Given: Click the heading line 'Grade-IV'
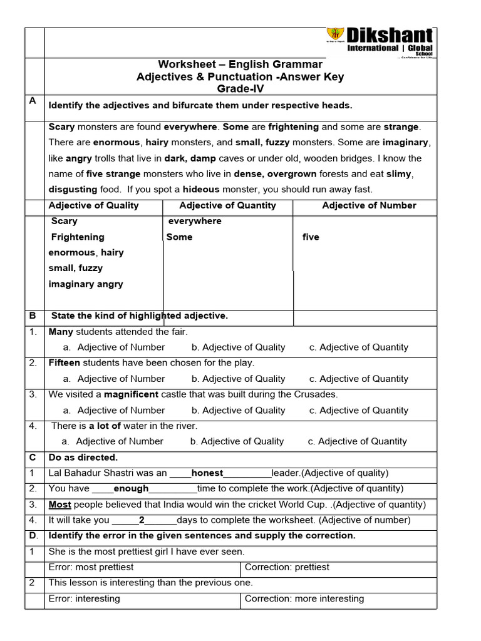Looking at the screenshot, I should tap(240, 89).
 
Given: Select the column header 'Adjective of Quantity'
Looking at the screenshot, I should tap(227, 206).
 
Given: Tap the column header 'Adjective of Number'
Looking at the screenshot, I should tap(369, 206).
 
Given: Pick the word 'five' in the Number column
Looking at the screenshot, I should tap(311, 237).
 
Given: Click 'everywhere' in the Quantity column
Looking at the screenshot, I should tap(195, 221).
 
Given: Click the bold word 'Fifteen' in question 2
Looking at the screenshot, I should tap(64, 363).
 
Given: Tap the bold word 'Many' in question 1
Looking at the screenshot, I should tap(61, 332).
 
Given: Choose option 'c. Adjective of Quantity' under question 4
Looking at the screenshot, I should tap(357, 441).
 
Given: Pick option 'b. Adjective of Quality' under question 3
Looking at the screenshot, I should tap(238, 411).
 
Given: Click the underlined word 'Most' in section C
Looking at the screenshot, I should tap(59, 505).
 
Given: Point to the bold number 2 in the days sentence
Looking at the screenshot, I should tap(142, 520).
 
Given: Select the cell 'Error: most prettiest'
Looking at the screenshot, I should tap(91, 567).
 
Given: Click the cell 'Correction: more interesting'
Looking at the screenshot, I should tap(304, 599).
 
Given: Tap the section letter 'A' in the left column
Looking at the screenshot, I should tap(33, 101).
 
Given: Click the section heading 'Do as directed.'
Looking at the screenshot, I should tap(83, 458).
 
